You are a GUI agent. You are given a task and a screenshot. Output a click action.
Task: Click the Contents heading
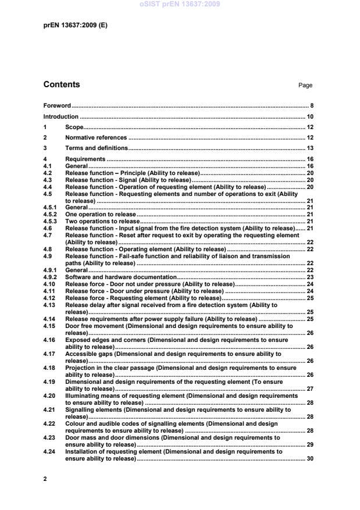click(62, 85)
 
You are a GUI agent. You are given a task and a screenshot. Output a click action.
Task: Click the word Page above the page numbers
click(305, 85)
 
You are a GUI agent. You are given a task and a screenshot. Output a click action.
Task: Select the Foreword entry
click(57, 106)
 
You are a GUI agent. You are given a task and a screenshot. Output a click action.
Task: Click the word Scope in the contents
click(74, 127)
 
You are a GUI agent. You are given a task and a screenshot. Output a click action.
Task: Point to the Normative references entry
click(96, 138)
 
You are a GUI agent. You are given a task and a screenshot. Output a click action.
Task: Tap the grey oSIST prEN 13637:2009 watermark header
click(180, 5)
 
